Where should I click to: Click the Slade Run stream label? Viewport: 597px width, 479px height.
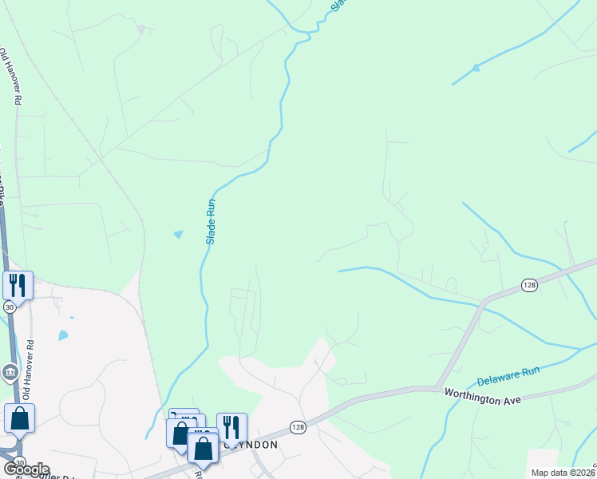click(212, 221)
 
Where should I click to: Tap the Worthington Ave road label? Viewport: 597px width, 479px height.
click(476, 394)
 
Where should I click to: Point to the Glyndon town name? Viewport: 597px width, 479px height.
click(254, 445)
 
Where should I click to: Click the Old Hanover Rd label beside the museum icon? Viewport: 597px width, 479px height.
click(30, 370)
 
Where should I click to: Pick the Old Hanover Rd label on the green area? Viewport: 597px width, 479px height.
click(10, 77)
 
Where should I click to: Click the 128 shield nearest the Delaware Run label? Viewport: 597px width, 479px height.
click(529, 285)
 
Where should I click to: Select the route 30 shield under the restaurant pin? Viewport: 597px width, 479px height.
click(9, 306)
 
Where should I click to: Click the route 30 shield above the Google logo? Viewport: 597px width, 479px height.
click(19, 461)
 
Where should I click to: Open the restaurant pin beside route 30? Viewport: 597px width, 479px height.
click(17, 284)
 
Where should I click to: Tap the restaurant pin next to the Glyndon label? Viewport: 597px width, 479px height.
click(231, 426)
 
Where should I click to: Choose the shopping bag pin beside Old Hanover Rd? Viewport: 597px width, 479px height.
click(19, 418)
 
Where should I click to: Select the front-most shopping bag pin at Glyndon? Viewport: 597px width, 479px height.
click(204, 448)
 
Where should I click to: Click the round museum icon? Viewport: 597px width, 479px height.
click(10, 371)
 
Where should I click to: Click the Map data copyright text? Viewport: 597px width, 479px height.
click(563, 473)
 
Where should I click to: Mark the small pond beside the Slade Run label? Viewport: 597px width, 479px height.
click(178, 235)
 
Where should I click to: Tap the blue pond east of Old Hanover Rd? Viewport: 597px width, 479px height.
click(63, 335)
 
